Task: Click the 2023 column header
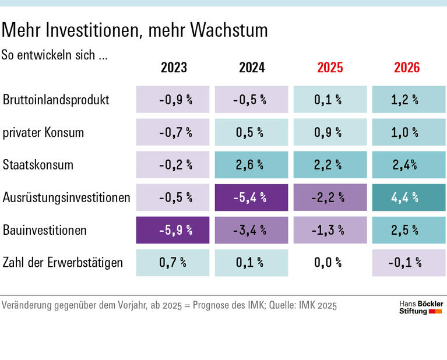click(174, 68)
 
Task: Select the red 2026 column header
click(407, 68)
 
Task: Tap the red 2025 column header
click(330, 68)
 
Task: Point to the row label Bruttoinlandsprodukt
click(56, 100)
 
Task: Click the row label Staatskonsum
click(38, 165)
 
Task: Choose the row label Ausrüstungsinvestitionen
click(66, 197)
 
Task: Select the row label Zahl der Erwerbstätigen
click(63, 263)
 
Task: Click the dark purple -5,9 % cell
click(173, 230)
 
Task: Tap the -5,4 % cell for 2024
click(251, 197)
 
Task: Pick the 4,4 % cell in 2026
click(408, 197)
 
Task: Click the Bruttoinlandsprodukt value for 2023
click(173, 100)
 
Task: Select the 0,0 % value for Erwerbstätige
click(330, 263)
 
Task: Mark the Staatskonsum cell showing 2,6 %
click(251, 165)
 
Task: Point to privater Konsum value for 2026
click(408, 132)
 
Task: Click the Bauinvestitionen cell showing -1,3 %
click(330, 230)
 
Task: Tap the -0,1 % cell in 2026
click(408, 263)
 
